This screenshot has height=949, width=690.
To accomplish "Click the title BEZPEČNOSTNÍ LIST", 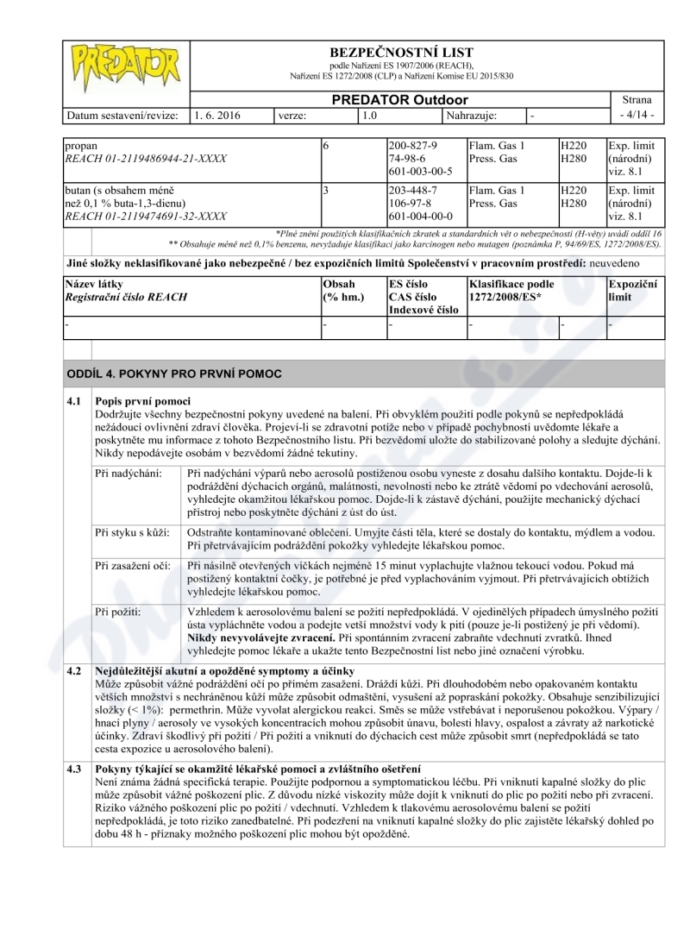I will click(402, 53).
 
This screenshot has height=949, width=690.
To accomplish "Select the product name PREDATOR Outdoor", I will click(402, 100).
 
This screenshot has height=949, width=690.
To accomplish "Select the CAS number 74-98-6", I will click(407, 159).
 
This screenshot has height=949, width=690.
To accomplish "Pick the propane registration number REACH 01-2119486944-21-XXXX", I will click(147, 159).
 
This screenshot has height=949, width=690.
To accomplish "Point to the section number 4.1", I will click(75, 401).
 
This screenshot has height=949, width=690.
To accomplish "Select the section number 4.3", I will click(75, 768).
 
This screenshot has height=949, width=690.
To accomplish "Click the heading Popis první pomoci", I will click(142, 401).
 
